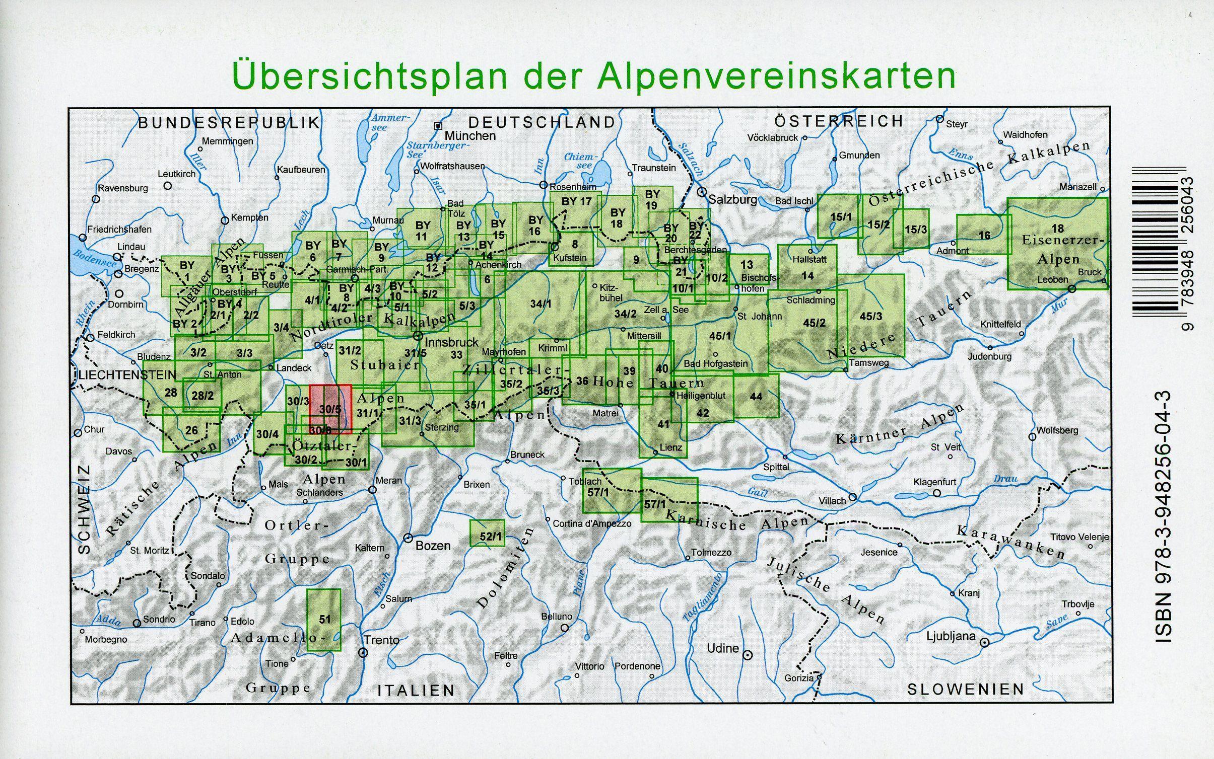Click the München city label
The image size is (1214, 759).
pyautogui.click(x=469, y=136)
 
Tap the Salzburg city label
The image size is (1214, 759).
pyautogui.click(x=732, y=199)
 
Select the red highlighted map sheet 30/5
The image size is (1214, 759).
pyautogui.click(x=330, y=408)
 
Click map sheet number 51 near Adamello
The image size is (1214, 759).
pyautogui.click(x=324, y=619)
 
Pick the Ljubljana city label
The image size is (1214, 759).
pyautogui.click(x=951, y=636)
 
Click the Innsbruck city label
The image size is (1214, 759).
pyautogui.click(x=452, y=342)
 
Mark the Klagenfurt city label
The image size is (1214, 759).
pyautogui.click(x=934, y=482)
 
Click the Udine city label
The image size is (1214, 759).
pyautogui.click(x=723, y=649)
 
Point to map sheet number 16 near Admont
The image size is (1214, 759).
pyautogui.click(x=984, y=235)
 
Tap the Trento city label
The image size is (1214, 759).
pyautogui.click(x=381, y=640)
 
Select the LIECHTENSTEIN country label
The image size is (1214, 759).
pyautogui.click(x=127, y=375)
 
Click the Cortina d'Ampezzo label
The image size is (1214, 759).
pyautogui.click(x=592, y=523)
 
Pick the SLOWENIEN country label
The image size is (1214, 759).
pyautogui.click(x=966, y=689)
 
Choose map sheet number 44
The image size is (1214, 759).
pyautogui.click(x=756, y=397)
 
